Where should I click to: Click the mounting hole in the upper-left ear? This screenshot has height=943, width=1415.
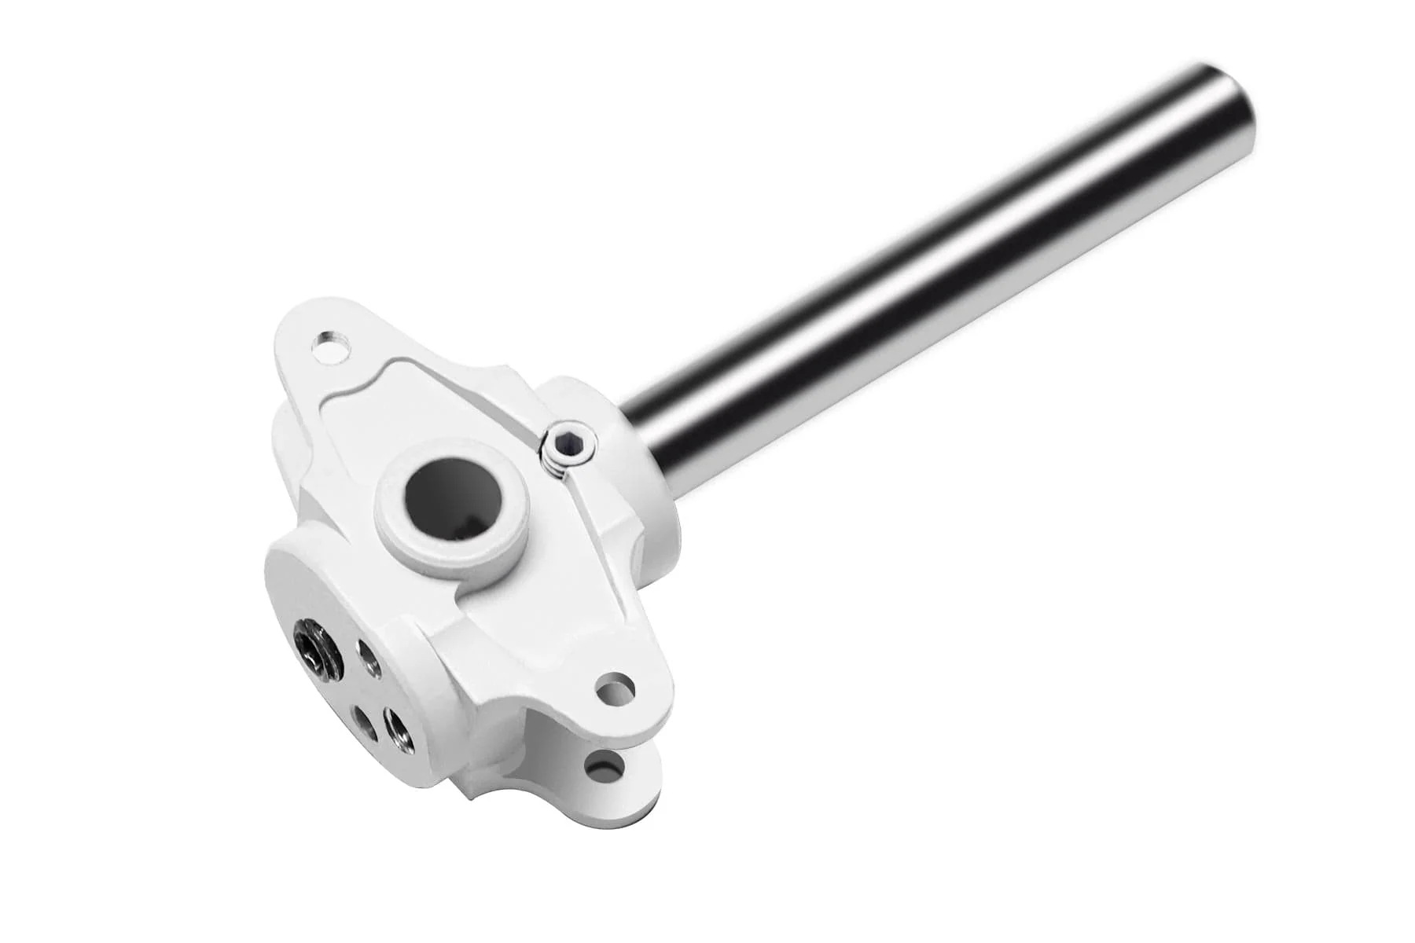(330, 347)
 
